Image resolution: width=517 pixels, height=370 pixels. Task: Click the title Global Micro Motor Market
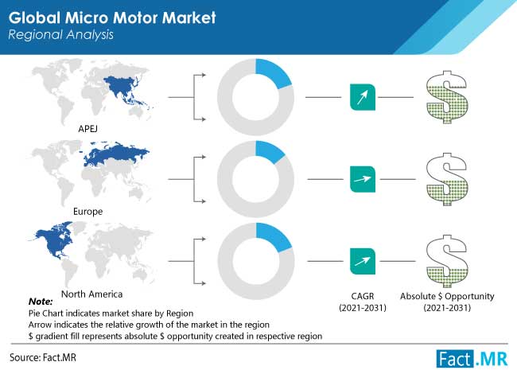(x=112, y=18)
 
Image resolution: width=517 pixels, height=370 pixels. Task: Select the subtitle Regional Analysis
(x=60, y=35)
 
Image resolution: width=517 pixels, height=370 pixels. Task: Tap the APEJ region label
(x=87, y=129)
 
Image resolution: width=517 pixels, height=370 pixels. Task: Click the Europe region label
(x=87, y=212)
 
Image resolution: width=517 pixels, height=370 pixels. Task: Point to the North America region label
(x=92, y=294)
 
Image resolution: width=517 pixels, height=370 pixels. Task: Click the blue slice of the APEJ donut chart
(x=272, y=72)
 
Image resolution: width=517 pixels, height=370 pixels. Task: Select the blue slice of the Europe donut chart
(x=269, y=151)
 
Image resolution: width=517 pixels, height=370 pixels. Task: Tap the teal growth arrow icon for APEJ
(x=363, y=97)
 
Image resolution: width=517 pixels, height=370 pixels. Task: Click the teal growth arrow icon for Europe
(x=363, y=179)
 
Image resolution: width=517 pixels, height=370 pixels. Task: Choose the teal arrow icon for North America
(x=363, y=261)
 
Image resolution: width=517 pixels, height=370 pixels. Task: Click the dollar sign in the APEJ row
(x=447, y=97)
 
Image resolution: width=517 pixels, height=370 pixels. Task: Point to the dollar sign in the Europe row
(x=447, y=179)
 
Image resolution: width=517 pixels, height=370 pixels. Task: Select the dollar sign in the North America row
(x=447, y=261)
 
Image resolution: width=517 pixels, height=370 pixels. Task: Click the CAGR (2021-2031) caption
(x=363, y=302)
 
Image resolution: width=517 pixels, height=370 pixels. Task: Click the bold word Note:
(x=41, y=302)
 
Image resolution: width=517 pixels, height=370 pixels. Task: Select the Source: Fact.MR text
(x=42, y=357)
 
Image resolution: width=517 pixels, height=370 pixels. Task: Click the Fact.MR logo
(x=472, y=358)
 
